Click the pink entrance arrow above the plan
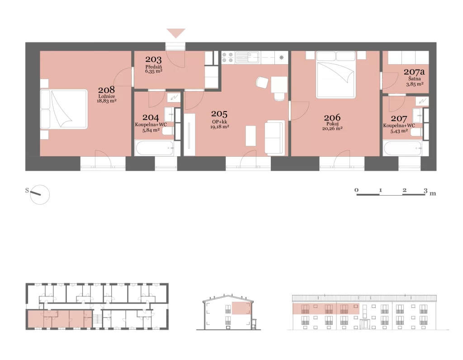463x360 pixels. (x=176, y=33)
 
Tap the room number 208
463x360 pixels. (x=106, y=90)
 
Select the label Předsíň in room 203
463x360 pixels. (x=154, y=67)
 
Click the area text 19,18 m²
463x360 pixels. (x=219, y=127)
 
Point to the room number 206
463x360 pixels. (x=332, y=117)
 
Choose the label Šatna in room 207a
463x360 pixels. (x=415, y=79)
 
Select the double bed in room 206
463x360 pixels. (x=335, y=75)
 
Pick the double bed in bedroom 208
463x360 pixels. (x=64, y=109)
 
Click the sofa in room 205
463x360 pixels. (x=274, y=137)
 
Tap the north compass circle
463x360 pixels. (x=40, y=195)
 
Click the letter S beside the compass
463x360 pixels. (x=27, y=190)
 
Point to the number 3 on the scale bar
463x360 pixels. (x=425, y=190)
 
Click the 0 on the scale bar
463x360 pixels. (x=356, y=190)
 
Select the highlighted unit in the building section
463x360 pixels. (x=241, y=308)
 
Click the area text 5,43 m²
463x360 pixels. (x=399, y=131)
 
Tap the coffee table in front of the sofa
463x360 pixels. (x=250, y=136)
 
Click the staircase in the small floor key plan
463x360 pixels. (x=97, y=319)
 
